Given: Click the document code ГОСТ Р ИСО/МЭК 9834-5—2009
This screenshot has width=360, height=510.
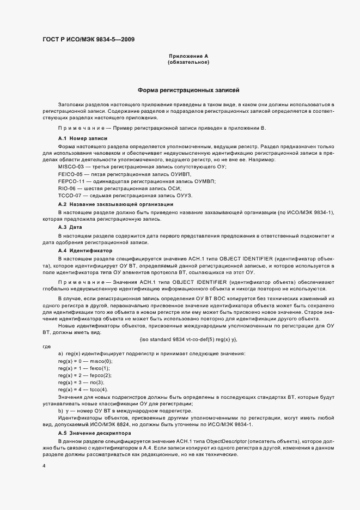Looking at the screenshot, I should [x=89, y=39].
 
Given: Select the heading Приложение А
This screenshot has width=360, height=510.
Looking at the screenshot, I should [x=188, y=57].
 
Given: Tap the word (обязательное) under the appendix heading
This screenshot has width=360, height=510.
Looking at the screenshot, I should [x=188, y=63].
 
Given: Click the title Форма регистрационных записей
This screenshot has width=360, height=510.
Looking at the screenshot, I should [x=188, y=90].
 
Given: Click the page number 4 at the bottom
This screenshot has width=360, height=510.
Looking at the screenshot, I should [x=43, y=466].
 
